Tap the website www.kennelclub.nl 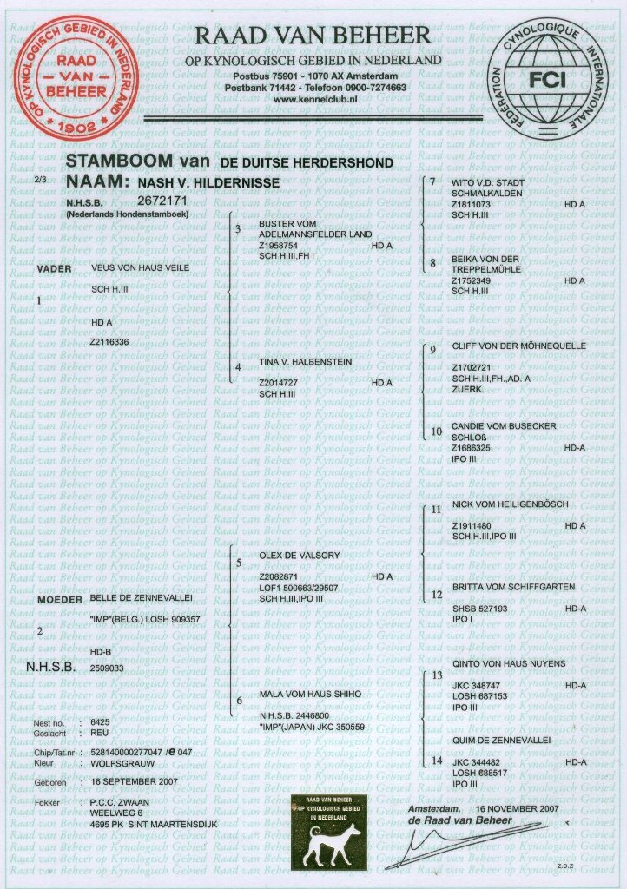pyautogui.click(x=316, y=102)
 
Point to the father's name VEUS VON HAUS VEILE pyautogui.click(x=141, y=269)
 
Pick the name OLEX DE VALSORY pyautogui.click(x=300, y=554)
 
